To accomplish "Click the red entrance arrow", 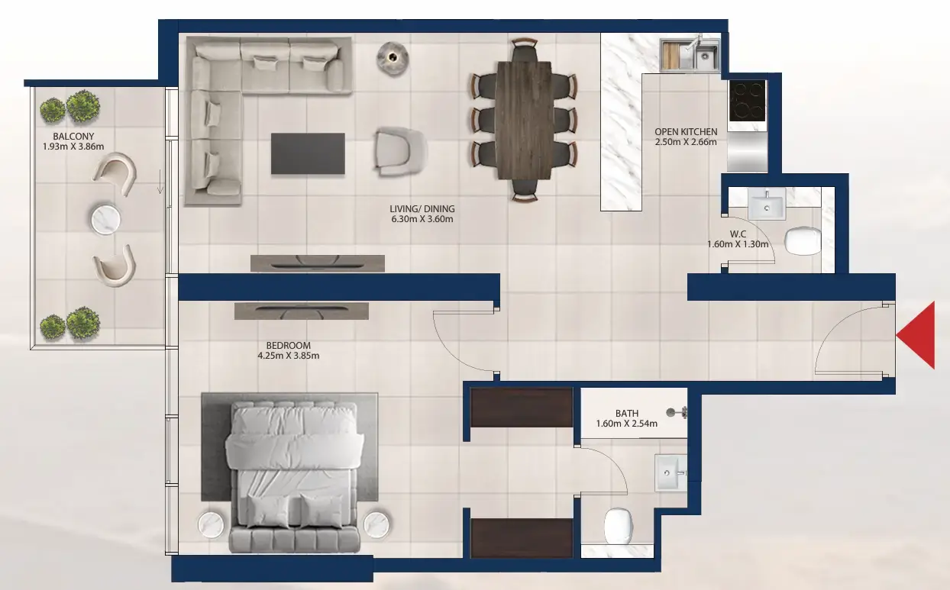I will coord(919,335).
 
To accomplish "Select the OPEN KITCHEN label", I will coord(686,132).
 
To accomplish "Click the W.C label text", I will coord(738,234).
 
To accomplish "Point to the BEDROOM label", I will coord(289,345).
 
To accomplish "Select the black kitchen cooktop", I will coord(746,101).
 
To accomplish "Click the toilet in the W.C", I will coord(801,240).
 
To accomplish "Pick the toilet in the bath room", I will coord(619,524).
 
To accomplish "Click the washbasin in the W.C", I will coord(764,204).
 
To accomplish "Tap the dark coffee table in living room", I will coord(308,153).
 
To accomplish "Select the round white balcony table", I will coord(107,219).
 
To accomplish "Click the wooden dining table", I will coord(523,120).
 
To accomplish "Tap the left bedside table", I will coord(211,525).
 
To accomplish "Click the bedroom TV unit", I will coord(302,311).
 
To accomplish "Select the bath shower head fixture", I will coord(677,412).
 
